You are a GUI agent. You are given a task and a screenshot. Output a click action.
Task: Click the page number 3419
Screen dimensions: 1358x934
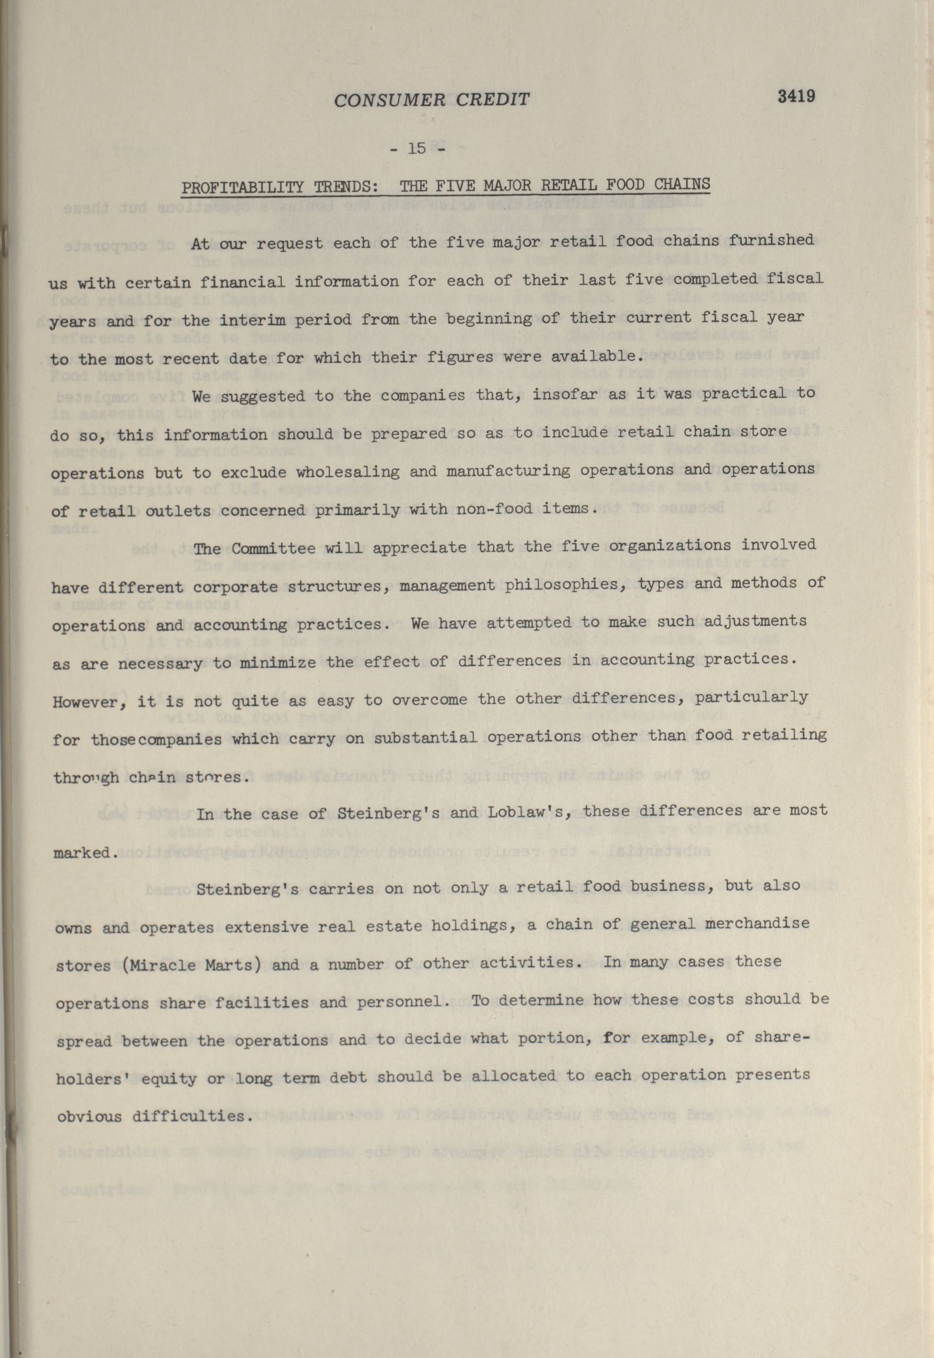(796, 96)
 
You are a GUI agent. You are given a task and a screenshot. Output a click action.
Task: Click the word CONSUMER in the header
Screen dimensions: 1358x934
(383, 100)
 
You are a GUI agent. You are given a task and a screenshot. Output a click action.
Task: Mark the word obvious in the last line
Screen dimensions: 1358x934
(89, 1116)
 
